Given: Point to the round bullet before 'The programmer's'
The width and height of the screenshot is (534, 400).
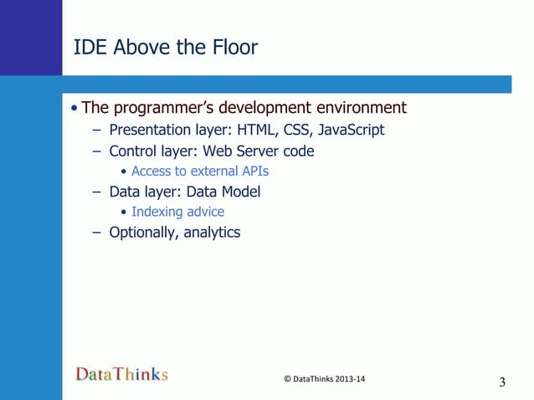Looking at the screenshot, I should coord(75,109).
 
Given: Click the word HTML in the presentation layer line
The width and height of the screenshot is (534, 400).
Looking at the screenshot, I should coord(259,131).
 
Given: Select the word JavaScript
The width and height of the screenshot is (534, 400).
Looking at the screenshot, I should coord(352,131).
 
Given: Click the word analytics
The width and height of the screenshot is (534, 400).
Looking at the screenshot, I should coord(210,233).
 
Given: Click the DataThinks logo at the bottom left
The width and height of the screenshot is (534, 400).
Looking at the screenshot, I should coord(122,374).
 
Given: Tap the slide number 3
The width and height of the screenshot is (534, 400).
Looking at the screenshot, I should coord(502,383).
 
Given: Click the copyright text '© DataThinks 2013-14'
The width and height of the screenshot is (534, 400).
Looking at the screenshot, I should coord(325,379).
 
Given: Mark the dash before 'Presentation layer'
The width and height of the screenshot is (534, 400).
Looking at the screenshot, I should coord(96,131).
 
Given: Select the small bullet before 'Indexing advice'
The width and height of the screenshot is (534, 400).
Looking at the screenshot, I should coord(124,213).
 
